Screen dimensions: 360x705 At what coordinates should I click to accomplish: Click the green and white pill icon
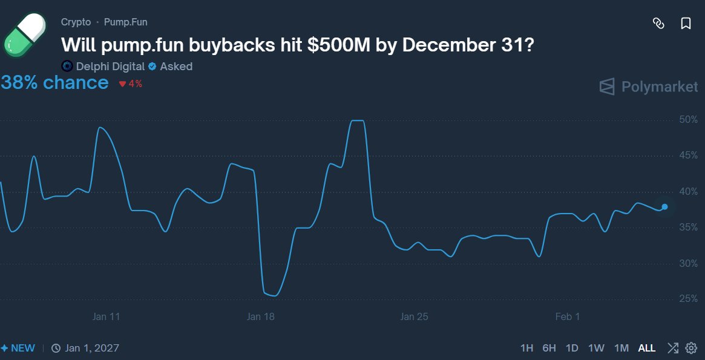coord(25,35)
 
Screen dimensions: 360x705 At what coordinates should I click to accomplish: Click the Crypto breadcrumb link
coord(76,22)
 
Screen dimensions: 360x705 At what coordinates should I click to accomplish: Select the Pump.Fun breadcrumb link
coord(125,22)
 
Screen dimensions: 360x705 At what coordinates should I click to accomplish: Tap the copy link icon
coord(658,24)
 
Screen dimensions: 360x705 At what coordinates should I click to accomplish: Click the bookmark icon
coord(686,24)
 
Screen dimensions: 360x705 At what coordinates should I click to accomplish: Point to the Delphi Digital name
coord(110,67)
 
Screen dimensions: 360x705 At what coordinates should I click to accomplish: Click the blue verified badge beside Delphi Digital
coord(152,67)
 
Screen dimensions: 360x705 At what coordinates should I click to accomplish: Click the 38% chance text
coord(54,83)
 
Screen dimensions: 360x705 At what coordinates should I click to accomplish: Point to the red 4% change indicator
coord(131,84)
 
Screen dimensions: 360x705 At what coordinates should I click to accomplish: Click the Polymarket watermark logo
coord(648,87)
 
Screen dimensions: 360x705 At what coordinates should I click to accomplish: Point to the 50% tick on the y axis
coord(688,120)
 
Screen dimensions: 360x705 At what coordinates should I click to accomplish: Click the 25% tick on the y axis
coord(688,299)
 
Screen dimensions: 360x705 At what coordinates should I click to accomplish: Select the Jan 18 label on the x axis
coord(261,316)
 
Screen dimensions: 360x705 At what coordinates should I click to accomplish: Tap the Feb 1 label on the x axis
coord(568,316)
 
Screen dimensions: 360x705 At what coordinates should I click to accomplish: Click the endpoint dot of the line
coord(664,207)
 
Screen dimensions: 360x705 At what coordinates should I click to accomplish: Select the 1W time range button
coord(596,348)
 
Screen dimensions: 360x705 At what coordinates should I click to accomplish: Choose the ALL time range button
coord(646,348)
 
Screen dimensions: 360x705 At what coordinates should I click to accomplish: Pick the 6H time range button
coord(549,348)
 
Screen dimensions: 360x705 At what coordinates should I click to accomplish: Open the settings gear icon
coord(691,348)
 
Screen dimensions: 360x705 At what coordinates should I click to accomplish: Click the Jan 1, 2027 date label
coord(92,348)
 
